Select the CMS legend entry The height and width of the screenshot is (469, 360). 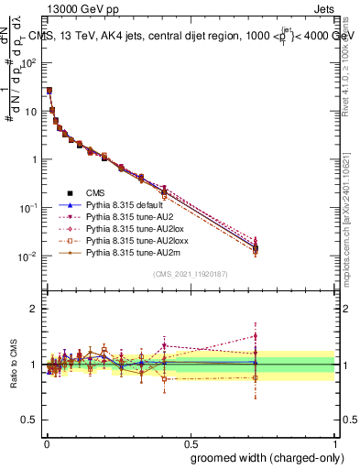pyautogui.click(x=96, y=192)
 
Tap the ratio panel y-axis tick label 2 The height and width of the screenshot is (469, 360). pyautogui.click(x=34, y=309)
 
